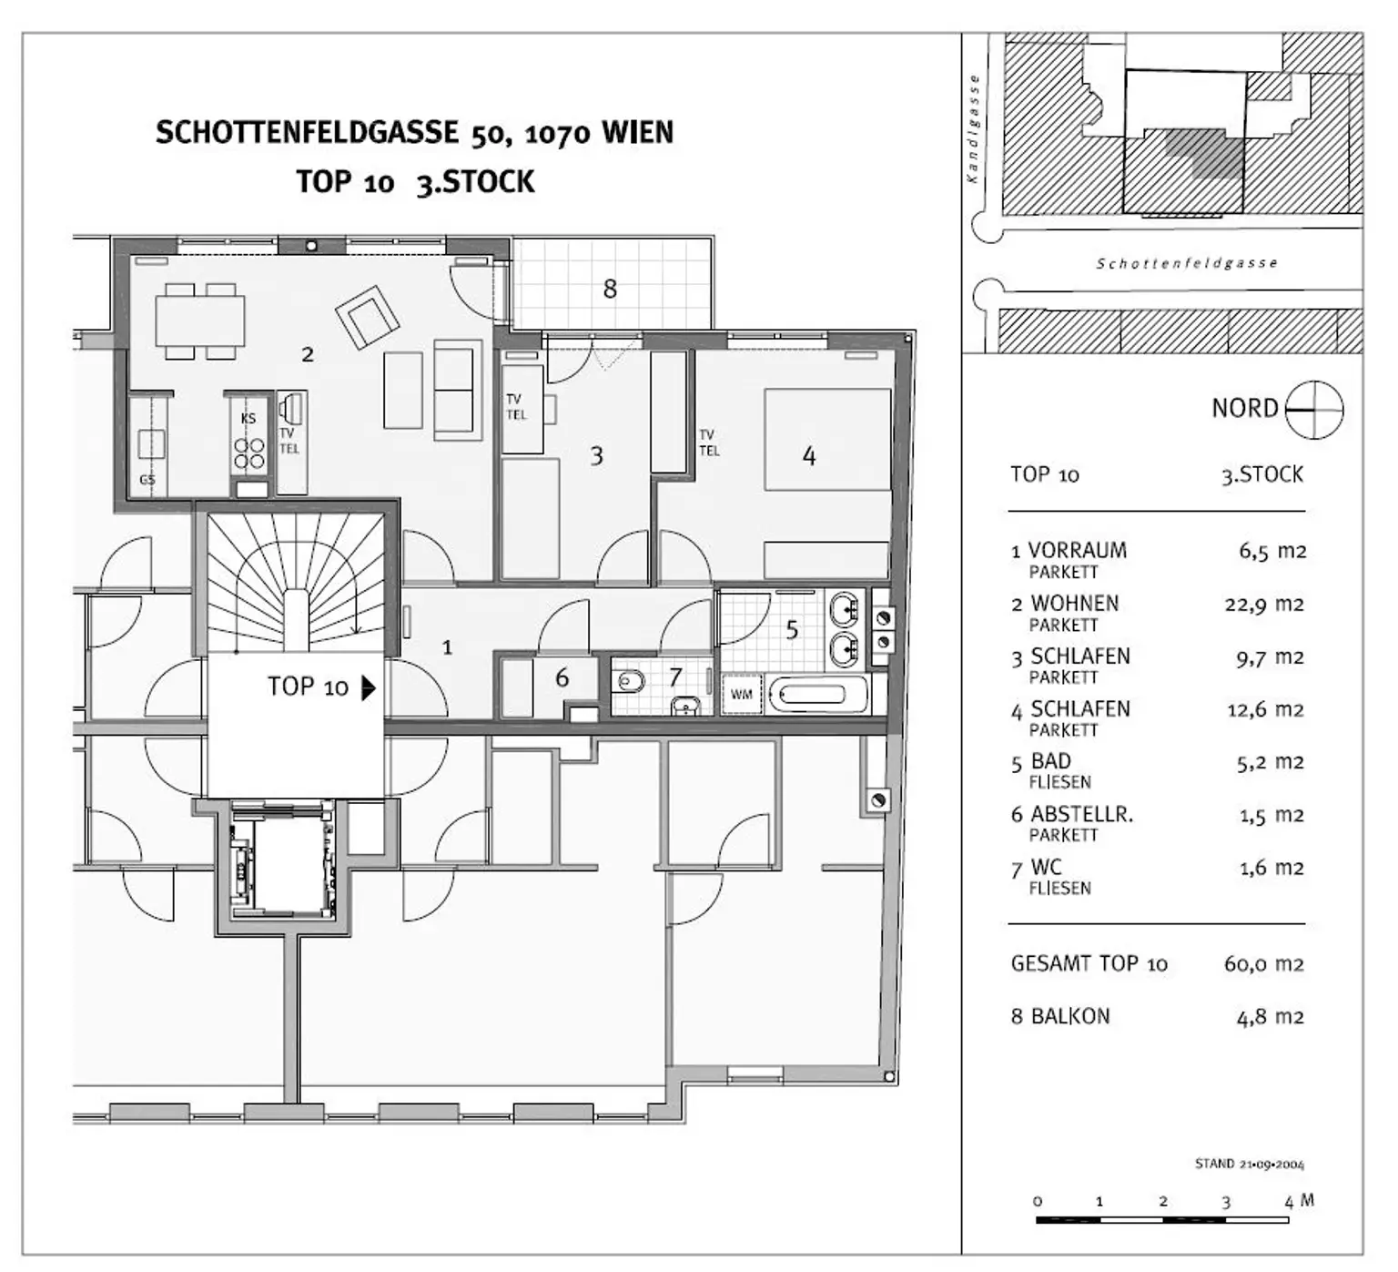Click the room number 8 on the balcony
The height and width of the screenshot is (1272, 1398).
point(610,289)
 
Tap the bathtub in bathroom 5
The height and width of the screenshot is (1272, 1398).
point(818,696)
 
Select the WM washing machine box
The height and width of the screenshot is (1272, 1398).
point(742,695)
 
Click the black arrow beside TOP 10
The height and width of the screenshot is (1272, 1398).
point(368,687)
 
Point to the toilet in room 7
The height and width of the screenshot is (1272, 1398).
point(629,680)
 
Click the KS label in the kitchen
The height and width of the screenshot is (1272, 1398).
point(248,419)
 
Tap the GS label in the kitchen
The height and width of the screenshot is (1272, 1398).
point(147,480)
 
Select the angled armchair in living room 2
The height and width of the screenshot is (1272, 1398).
point(367,316)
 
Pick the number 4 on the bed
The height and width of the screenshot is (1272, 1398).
point(809,456)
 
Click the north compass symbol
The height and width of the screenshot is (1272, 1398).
point(1314,409)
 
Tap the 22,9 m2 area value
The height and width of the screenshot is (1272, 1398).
point(1264,604)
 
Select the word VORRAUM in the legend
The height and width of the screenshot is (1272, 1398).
point(1077,550)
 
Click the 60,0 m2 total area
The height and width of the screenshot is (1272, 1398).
point(1264,963)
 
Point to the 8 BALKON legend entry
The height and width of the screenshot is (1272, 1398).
point(1060,1016)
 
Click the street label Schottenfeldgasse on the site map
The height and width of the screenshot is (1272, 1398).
point(1186,263)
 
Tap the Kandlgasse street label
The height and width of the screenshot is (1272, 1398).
point(973,128)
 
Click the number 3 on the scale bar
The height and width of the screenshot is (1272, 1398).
point(1226,1202)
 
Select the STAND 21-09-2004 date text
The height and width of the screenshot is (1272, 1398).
point(1250,1164)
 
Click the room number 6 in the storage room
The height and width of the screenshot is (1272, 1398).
point(562,677)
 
